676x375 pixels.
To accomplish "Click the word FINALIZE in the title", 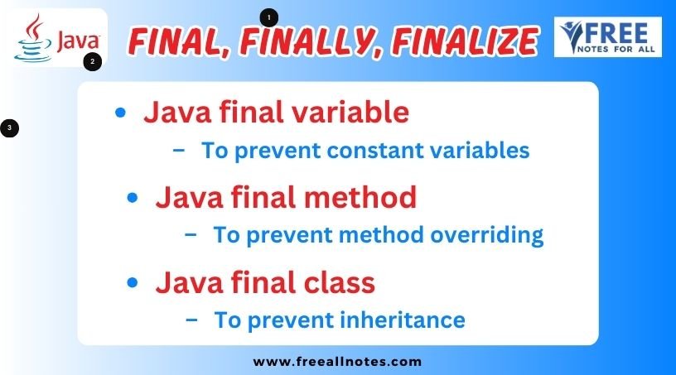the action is point(465,41).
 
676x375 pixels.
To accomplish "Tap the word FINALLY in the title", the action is point(311,42).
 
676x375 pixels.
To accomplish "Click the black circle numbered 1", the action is point(269,17).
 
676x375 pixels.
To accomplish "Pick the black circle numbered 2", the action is point(92,61).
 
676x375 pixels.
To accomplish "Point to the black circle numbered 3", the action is point(9,128).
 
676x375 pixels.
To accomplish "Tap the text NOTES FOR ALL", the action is point(616,49).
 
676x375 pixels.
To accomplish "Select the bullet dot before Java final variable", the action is point(120,113).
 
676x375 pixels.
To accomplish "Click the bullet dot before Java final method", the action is point(133,198).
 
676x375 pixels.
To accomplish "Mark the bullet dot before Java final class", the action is point(133,283).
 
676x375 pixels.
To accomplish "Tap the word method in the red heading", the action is point(360,197).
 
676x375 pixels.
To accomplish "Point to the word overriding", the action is point(487,236).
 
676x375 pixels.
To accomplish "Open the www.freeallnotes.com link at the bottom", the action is point(337,362).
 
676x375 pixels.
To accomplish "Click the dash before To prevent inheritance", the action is point(191,320).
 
